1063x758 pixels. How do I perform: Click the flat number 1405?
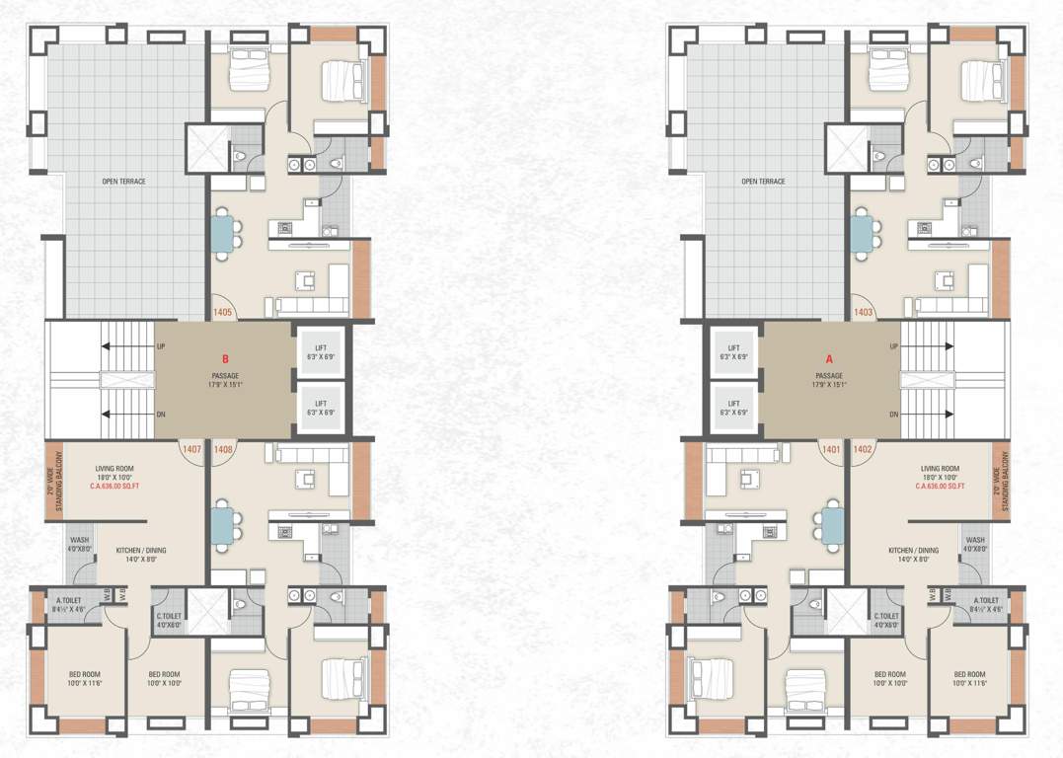[222, 313]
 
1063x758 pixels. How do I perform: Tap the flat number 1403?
[864, 313]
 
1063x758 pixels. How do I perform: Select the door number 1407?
[191, 450]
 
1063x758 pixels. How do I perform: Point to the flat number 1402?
[864, 450]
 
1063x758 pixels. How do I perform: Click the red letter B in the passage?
[224, 360]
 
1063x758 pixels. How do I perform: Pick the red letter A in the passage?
[829, 360]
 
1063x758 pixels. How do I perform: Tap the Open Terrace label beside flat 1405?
[123, 182]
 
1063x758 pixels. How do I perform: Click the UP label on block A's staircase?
[893, 346]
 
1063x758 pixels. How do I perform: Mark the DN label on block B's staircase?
[161, 415]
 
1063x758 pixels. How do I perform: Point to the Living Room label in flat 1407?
[114, 469]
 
